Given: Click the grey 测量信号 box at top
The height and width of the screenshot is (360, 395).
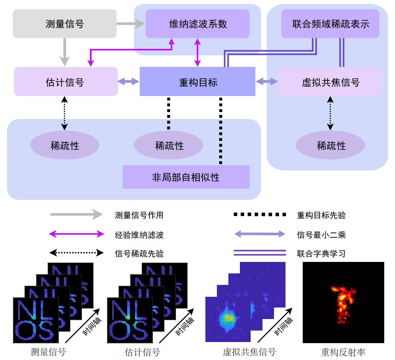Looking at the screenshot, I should coord(65,24).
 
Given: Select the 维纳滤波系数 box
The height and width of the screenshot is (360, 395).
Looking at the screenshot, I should coord(197,24).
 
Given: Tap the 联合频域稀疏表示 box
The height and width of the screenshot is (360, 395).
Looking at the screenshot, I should coord(330,24).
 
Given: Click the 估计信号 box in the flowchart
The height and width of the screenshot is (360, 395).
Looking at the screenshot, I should coord(66,82).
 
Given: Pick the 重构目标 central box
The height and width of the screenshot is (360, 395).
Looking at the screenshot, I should coord(197,82).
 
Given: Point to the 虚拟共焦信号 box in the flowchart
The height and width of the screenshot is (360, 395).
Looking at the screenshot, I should coord(330,82).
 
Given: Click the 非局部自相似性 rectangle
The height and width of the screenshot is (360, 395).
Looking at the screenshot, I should coord(186,177).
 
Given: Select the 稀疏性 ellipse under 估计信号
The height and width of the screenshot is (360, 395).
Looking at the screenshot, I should coord(65,146).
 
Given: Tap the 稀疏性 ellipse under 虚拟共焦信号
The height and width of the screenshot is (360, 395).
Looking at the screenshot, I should coord(330,146).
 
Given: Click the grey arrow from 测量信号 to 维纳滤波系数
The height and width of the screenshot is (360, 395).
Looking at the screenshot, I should coord(131,24).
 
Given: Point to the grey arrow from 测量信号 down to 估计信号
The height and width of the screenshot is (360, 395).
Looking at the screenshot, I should coord(65,52).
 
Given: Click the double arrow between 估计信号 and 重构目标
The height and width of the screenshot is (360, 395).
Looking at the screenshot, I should coord(129,82).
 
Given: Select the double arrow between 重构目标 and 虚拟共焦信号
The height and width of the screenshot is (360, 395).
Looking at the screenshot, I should coord(267,82).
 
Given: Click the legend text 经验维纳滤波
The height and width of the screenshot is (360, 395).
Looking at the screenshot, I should coord(139,235).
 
